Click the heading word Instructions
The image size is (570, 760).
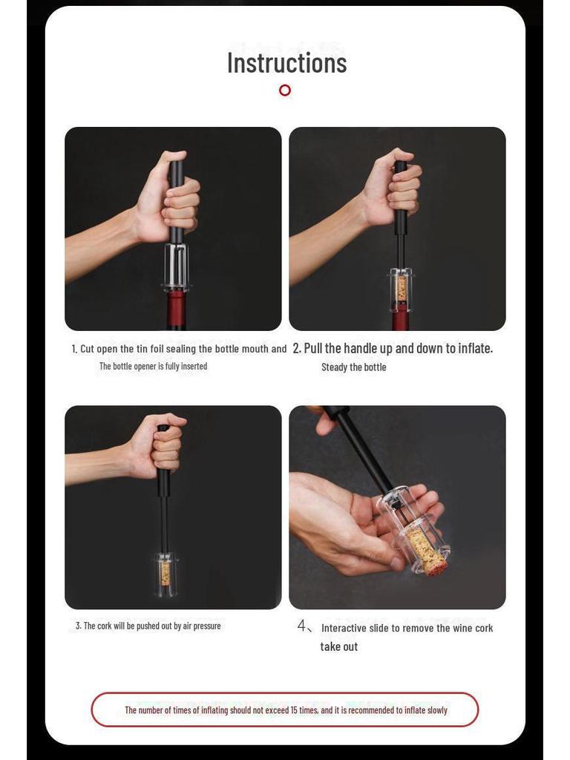coord(287,63)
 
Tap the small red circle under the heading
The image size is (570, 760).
coord(285,90)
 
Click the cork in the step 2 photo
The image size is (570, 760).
coord(402,289)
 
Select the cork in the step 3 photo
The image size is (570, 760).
coord(165,574)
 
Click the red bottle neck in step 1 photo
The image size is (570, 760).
coord(177,310)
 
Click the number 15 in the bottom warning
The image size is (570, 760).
coord(294,710)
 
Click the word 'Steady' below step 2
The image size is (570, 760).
coord(333,367)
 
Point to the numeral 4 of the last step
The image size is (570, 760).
coord(301,626)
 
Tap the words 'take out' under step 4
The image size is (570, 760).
coord(338,646)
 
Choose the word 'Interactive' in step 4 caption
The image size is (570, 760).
coord(344,628)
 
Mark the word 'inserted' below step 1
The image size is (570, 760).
coord(194,367)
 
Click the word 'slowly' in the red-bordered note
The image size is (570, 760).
coord(436,710)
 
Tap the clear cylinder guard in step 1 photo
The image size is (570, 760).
coord(177,267)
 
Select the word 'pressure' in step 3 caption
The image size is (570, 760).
coord(207,626)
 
